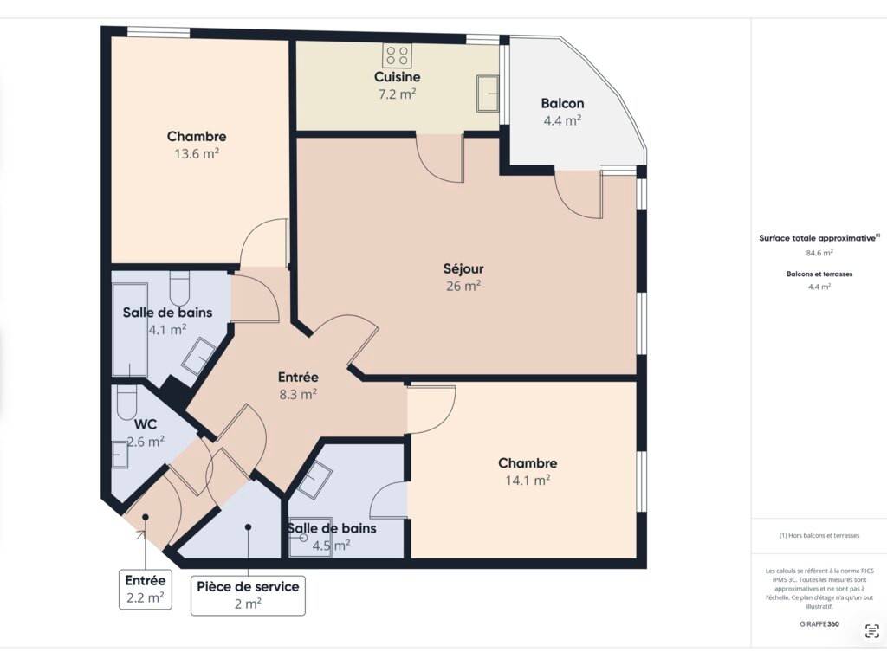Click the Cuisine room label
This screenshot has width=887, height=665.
397,77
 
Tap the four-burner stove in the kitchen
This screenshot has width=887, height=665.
397,55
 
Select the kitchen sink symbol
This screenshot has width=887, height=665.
487,94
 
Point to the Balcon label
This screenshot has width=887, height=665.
562,104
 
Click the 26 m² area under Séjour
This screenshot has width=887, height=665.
463,286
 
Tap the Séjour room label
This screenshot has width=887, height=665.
463,268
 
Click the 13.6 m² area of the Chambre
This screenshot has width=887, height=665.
197,153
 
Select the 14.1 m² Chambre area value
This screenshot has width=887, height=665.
528,480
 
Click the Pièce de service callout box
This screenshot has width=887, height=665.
248,596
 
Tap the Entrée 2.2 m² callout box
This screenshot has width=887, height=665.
146,589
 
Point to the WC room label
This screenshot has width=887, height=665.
146,424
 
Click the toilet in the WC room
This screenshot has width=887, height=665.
126,402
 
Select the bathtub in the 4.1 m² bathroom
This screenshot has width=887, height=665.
130,330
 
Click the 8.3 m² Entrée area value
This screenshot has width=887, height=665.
298,394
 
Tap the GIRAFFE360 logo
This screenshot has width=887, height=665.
819,624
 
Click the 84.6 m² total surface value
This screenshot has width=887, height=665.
819,254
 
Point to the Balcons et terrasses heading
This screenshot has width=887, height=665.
819,274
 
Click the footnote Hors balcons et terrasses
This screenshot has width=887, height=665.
819,535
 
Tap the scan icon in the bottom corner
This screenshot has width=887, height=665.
871,631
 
